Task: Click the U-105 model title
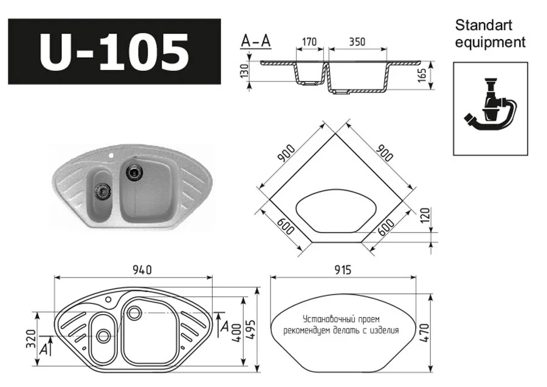click(x=114, y=51)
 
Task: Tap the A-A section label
click(x=256, y=41)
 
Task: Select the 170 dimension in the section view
click(x=309, y=43)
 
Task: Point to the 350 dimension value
click(x=357, y=43)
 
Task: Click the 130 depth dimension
click(x=245, y=71)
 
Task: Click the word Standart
click(x=484, y=26)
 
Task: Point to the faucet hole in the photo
click(x=112, y=155)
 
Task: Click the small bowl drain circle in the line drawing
click(x=103, y=335)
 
